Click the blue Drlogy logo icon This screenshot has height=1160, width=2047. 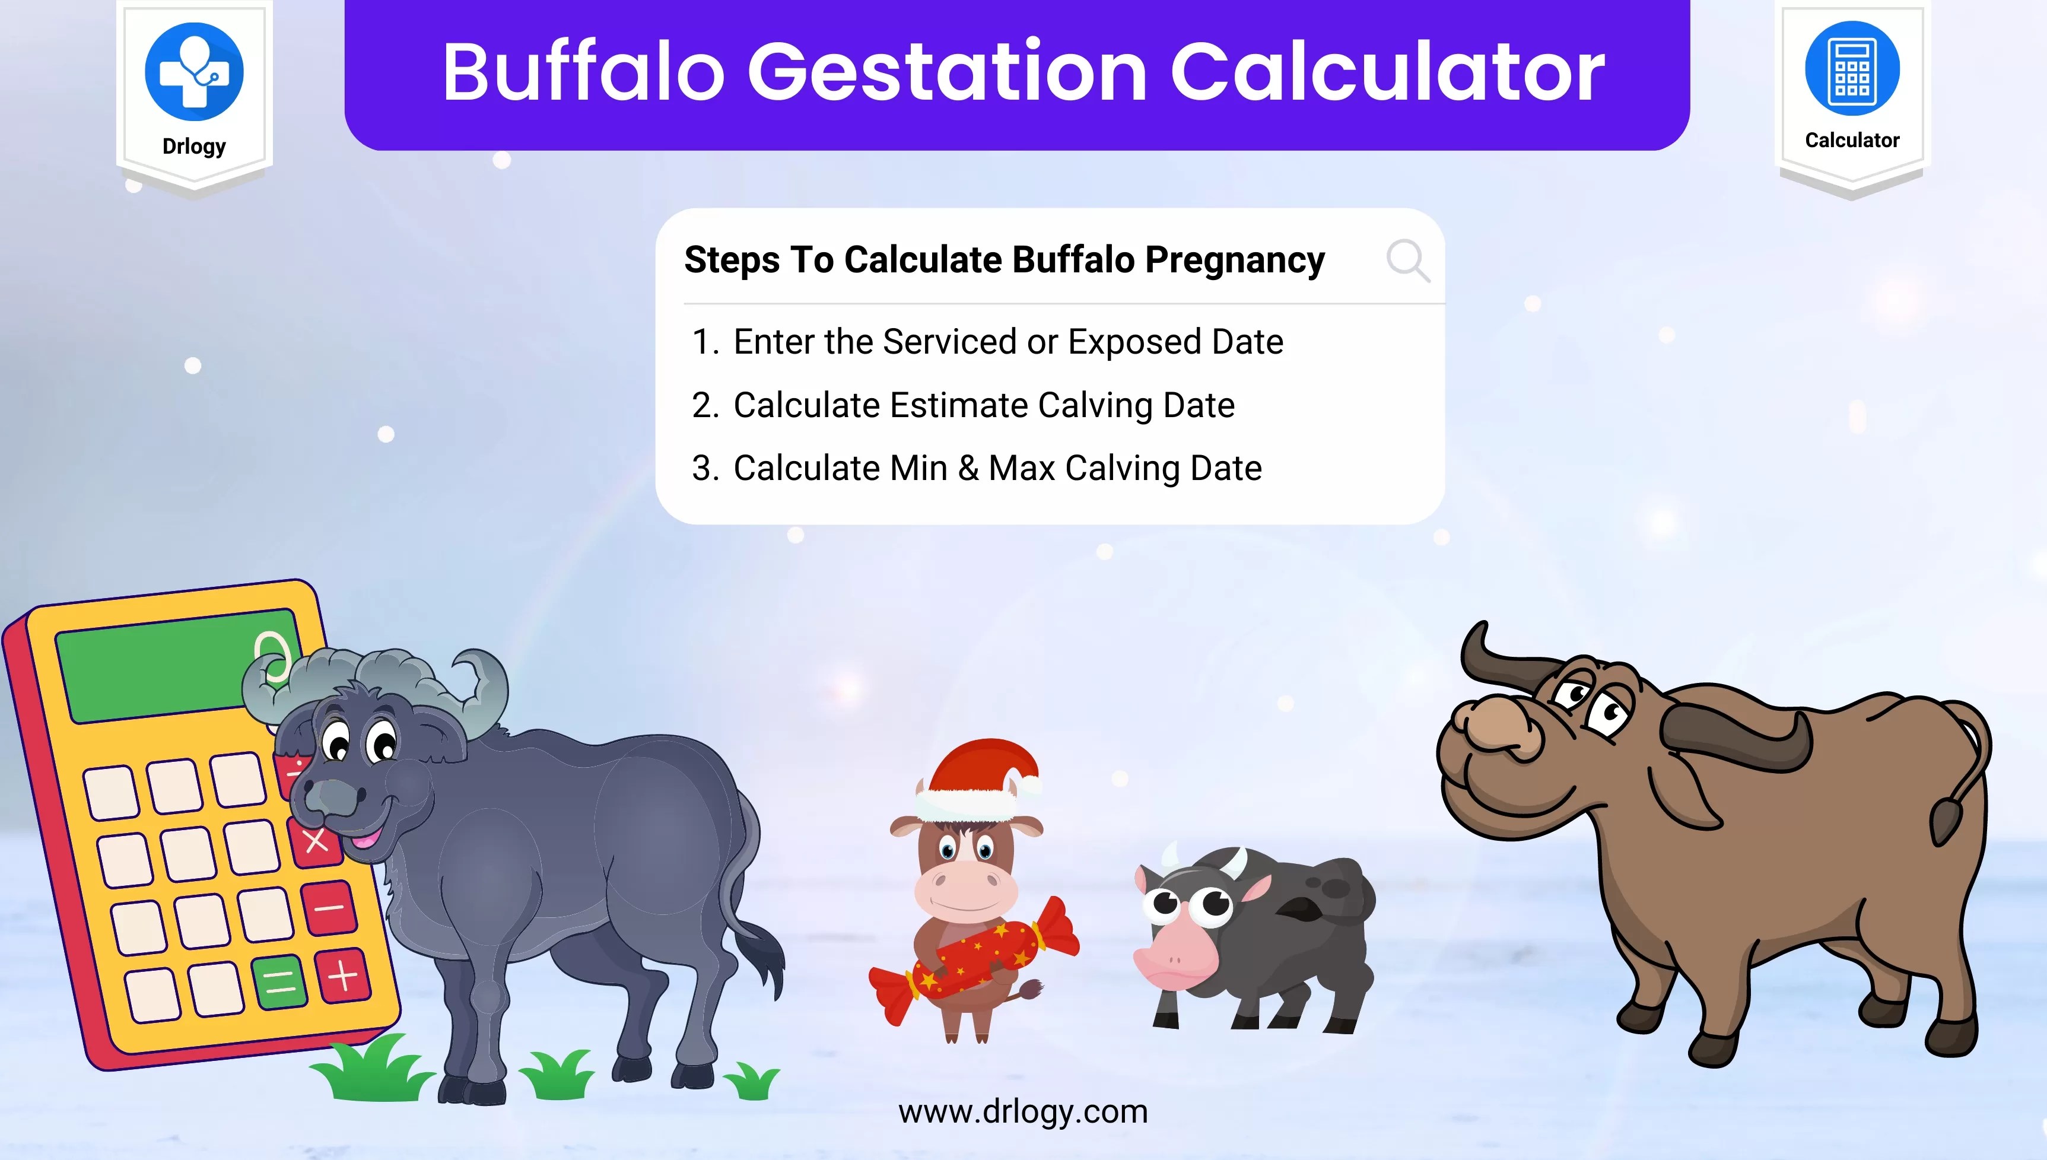click(x=193, y=71)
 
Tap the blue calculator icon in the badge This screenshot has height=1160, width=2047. click(x=1852, y=68)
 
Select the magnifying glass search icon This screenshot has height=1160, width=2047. click(x=1407, y=260)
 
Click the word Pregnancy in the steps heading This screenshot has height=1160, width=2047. click(x=1235, y=261)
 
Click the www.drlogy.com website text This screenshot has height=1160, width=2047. click(x=1023, y=1111)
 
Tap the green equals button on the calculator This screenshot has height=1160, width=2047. click(x=279, y=981)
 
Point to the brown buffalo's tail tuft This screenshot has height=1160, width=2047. click(x=1945, y=821)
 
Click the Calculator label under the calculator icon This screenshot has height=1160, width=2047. click(x=1852, y=140)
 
